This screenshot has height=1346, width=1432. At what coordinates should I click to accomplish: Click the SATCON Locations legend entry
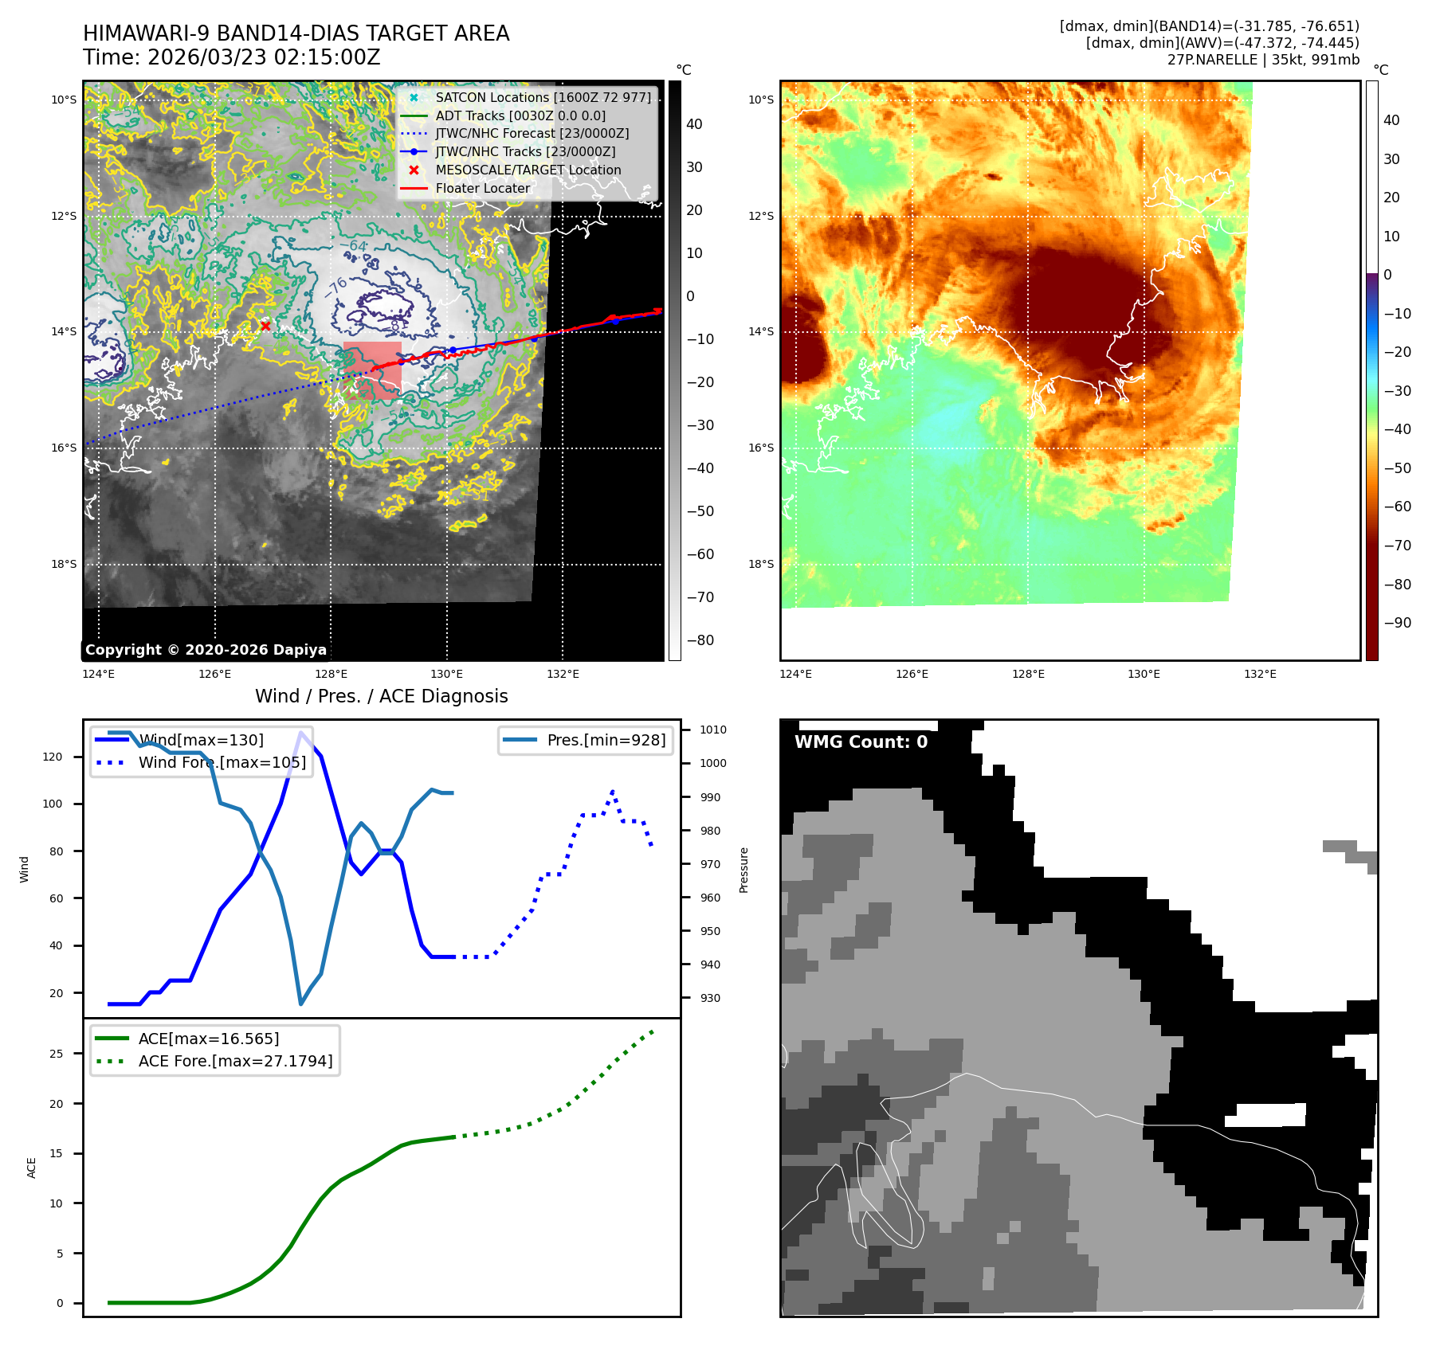542,97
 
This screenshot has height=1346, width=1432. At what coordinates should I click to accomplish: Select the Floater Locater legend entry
482,188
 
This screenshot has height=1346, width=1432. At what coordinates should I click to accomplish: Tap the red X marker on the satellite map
265,326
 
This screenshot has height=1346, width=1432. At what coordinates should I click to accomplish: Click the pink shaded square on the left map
372,371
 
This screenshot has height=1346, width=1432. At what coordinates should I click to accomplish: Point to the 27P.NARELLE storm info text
1263,59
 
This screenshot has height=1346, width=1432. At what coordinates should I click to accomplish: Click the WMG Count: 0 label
861,741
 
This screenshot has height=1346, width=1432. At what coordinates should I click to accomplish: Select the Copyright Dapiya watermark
206,650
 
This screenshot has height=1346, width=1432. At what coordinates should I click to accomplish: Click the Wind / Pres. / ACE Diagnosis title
381,696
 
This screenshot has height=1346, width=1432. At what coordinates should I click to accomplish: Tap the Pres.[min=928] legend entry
606,740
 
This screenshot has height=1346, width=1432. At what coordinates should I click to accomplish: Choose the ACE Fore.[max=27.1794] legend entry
235,1061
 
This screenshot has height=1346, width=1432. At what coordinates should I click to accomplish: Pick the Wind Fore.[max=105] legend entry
222,762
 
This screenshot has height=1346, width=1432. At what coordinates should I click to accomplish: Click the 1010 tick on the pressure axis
712,730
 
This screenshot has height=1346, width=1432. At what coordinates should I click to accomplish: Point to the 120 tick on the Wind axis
53,757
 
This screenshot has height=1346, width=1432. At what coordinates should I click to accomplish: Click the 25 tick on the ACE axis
57,1054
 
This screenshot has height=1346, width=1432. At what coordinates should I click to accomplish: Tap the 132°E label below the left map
563,674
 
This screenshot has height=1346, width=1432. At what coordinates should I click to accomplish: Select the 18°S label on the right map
760,564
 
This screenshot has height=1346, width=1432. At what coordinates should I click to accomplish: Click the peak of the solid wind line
300,732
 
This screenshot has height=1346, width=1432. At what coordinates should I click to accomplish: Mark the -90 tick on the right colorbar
1397,623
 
